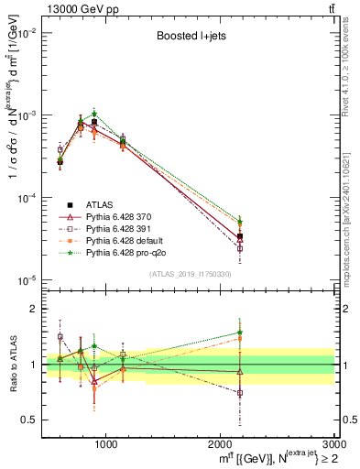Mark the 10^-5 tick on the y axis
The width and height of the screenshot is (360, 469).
[x=29, y=280]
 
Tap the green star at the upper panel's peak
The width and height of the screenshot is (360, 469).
[x=94, y=114]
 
